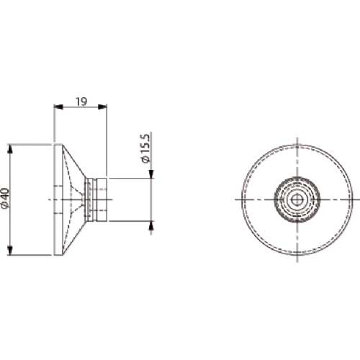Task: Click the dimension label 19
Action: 81,102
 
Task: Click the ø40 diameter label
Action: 5,198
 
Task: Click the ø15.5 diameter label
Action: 145,149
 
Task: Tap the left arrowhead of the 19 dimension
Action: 58,107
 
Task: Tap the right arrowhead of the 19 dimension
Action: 102,107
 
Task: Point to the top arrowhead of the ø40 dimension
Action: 10,149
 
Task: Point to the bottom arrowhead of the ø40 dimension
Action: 10,251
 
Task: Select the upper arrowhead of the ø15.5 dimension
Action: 151,174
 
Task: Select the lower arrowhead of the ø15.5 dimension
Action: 151,225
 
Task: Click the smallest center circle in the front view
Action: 297,199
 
